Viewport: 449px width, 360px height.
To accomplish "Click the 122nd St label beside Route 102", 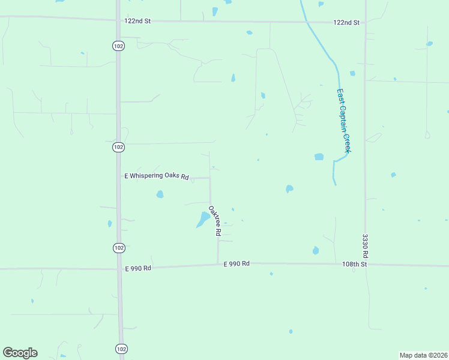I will (x=137, y=21).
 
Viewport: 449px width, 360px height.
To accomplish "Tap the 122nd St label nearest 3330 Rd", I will (x=346, y=23).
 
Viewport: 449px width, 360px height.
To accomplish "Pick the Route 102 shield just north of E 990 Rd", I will (x=118, y=247).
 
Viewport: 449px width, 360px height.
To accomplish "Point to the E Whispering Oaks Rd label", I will (x=157, y=176).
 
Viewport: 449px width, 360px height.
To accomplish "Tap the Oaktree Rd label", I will (x=215, y=221).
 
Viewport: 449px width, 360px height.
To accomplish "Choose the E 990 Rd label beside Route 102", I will (x=137, y=268).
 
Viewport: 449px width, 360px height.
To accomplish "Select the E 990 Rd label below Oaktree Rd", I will (x=237, y=264).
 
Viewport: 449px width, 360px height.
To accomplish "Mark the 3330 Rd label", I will (x=364, y=247).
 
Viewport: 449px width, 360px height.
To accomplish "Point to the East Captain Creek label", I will (x=343, y=121).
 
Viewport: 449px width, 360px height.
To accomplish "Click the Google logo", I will (x=20, y=353).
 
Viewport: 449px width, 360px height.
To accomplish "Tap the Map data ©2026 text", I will (x=423, y=355).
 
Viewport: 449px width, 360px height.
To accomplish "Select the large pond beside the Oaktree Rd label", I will (x=202, y=220).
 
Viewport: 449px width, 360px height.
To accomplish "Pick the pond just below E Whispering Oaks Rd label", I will (x=160, y=194).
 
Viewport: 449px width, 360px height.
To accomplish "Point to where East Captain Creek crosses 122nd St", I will (x=307, y=22).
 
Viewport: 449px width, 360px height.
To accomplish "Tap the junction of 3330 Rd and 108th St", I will (x=366, y=264).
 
